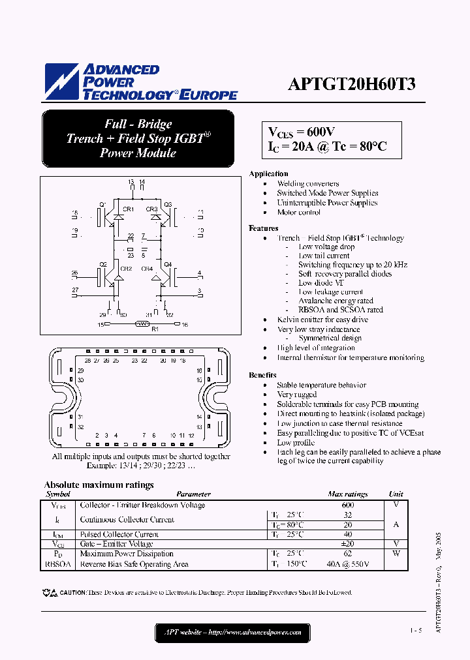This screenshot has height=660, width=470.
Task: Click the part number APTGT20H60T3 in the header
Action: pos(352,84)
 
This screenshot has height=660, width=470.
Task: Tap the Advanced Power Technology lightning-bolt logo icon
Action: pos(61,82)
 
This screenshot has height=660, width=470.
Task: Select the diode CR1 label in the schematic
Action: pos(128,209)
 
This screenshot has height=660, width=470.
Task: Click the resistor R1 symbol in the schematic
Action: pos(142,323)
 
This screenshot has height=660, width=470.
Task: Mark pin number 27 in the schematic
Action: pos(74,290)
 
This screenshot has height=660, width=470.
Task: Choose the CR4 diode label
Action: pos(146,269)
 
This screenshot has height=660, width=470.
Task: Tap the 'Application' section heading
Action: pos(268,173)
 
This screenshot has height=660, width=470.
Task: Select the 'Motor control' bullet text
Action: pos(298,212)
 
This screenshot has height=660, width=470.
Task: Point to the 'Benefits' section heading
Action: pos(262,375)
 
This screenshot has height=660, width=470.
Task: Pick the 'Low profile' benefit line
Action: pos(296,442)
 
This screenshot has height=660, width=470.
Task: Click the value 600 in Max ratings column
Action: pos(347,505)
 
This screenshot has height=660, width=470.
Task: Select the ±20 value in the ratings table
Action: pos(347,543)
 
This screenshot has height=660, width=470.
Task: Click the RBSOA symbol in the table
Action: pos(58,564)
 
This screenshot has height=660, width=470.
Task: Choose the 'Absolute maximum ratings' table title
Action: pos(99,485)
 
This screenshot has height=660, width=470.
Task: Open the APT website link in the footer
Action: pos(228,632)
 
